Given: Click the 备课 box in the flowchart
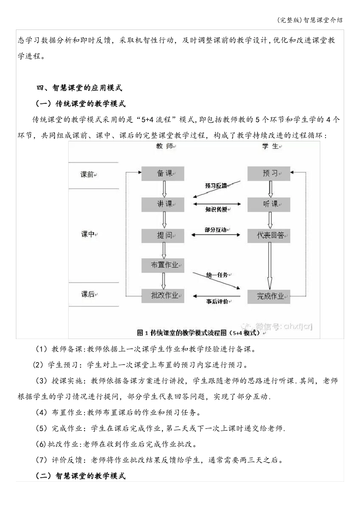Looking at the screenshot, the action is pyautogui.click(x=163, y=173).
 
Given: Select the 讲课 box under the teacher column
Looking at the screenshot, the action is pyautogui.click(x=163, y=204).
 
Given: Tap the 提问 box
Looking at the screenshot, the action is pyautogui.click(x=163, y=235).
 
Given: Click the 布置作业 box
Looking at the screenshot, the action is pyautogui.click(x=163, y=265).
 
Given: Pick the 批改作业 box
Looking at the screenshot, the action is pyautogui.click(x=163, y=295).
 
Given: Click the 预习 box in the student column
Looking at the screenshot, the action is pyautogui.click(x=269, y=173).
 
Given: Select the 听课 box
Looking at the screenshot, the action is pyautogui.click(x=269, y=204).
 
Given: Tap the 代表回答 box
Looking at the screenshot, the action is pyautogui.click(x=269, y=235).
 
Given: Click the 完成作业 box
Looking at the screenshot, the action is pyautogui.click(x=269, y=296).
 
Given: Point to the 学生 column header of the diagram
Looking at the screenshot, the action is pyautogui.click(x=270, y=146).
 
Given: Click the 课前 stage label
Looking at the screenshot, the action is pyautogui.click(x=87, y=175).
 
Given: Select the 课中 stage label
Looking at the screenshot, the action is pyautogui.click(x=88, y=234).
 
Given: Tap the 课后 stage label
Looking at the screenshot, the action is pyautogui.click(x=88, y=294).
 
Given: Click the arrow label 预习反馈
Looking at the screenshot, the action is pyautogui.click(x=216, y=186).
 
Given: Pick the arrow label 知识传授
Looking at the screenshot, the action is pyautogui.click(x=216, y=209).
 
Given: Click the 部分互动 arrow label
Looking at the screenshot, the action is pyautogui.click(x=216, y=230).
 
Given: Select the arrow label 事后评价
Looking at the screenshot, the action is pyautogui.click(x=217, y=302).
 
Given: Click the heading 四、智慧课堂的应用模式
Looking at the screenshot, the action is pyautogui.click(x=79, y=88).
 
